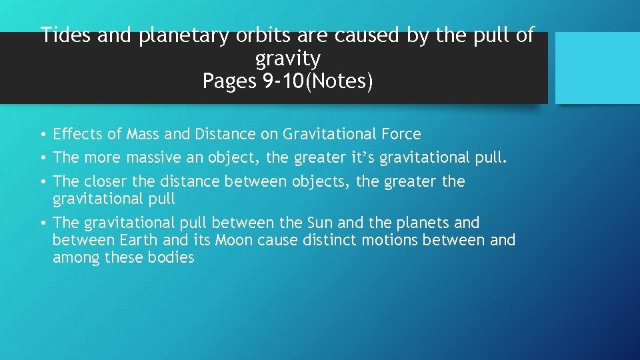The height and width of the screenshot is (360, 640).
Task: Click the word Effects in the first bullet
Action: tap(77, 134)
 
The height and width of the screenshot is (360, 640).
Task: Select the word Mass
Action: tap(140, 134)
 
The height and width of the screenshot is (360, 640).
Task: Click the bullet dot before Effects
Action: tap(43, 135)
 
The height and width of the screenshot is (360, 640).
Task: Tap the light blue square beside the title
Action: tap(597, 68)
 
